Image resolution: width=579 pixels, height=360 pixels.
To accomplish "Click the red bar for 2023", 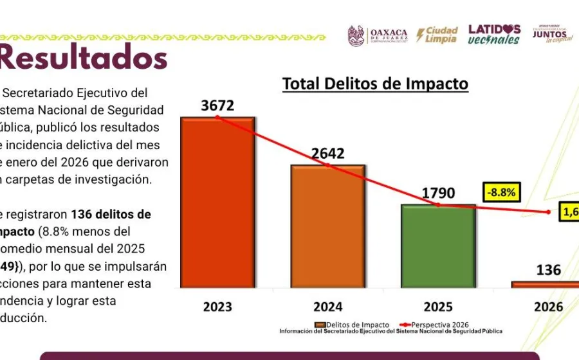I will tap(217, 203).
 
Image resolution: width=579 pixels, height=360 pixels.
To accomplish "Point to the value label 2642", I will tap(328, 154).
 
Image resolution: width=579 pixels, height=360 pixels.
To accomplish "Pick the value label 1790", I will tap(438, 194).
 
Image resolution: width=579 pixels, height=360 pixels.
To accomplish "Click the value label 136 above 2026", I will tap(548, 270).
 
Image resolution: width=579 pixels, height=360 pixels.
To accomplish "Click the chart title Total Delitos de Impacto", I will tap(376, 84).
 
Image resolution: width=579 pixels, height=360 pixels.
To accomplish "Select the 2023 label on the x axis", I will tap(217, 307).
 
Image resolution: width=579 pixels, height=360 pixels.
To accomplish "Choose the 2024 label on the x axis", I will tap(328, 307).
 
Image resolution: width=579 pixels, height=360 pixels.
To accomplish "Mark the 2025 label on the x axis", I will tap(438, 307).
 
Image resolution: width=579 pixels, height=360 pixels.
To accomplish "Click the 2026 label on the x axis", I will tap(548, 307).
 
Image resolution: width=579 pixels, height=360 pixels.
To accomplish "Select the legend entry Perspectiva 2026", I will tap(438, 325).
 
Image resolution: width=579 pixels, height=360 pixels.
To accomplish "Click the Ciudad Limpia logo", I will tap(437, 35).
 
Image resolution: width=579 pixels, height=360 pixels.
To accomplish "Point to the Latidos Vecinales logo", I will tap(494, 34).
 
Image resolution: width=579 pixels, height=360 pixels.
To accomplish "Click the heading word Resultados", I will tap(84, 58).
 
